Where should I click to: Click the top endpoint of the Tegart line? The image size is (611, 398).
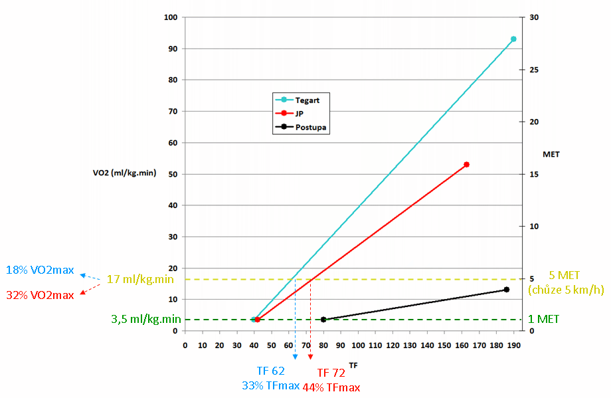tap(513, 39)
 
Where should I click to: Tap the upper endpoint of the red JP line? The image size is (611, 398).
tap(467, 164)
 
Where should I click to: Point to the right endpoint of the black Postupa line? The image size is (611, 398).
tap(506, 290)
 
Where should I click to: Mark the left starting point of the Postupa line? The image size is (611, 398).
tap(323, 320)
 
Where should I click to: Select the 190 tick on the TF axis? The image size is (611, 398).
tap(513, 345)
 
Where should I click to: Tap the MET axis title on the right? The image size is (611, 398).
tap(551, 154)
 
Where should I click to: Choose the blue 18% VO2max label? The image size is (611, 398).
tap(39, 270)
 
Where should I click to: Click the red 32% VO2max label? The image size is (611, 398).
tap(39, 295)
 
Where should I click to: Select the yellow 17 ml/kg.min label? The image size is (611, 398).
tap(140, 280)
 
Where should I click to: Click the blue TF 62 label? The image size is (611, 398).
tap(271, 371)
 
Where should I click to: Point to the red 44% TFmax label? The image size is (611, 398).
tap(331, 387)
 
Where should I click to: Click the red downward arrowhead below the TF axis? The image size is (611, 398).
tap(310, 357)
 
